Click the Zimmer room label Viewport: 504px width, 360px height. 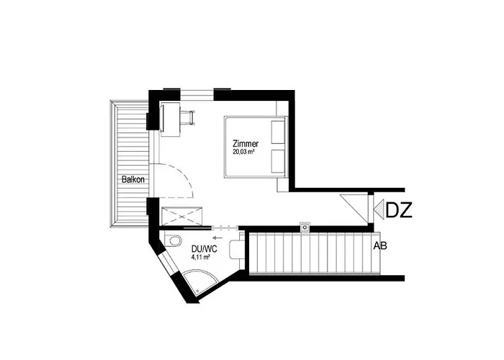(245, 143)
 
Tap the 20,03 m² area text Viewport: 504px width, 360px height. (246, 153)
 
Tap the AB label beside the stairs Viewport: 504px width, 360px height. (379, 246)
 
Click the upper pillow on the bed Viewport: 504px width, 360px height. (278, 132)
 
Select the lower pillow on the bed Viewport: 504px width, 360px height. (278, 161)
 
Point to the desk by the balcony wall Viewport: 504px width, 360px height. (171, 119)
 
